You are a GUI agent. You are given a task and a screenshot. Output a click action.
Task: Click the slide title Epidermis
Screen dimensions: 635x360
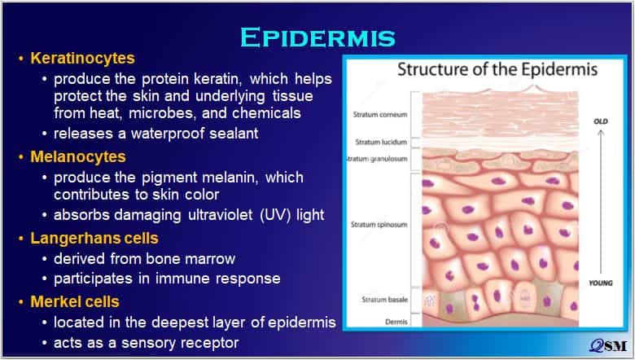click(x=317, y=37)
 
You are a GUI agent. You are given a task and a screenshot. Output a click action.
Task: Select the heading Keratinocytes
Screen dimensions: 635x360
click(x=82, y=59)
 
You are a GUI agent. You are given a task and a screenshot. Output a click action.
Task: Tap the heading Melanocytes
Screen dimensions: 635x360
click(x=78, y=156)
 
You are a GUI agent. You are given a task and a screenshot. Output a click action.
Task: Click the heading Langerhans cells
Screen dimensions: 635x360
click(x=94, y=238)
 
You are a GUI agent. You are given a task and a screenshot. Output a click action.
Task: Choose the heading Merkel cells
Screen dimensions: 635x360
click(x=75, y=301)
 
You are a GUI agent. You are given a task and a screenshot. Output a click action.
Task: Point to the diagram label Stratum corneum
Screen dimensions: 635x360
click(x=380, y=115)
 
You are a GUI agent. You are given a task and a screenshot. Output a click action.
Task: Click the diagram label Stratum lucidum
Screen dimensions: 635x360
click(x=381, y=143)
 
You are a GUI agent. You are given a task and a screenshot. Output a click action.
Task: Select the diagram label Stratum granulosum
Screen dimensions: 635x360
click(x=377, y=159)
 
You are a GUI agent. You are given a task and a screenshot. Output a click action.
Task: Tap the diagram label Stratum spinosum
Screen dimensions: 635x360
click(x=379, y=224)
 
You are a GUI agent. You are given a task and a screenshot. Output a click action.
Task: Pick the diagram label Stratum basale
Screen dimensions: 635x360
click(x=385, y=300)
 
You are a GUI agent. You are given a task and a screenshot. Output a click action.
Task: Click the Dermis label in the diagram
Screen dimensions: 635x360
click(x=397, y=322)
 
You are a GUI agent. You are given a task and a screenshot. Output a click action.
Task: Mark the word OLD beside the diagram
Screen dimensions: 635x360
click(x=601, y=121)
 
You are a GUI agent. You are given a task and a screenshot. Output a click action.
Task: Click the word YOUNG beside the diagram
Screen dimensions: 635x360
click(x=601, y=283)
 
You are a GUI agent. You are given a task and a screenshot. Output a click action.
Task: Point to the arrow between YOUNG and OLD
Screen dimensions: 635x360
click(x=601, y=202)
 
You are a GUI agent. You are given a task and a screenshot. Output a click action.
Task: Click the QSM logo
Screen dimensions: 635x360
click(x=608, y=345)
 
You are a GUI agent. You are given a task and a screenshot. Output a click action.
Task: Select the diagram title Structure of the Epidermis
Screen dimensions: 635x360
click(x=497, y=70)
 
